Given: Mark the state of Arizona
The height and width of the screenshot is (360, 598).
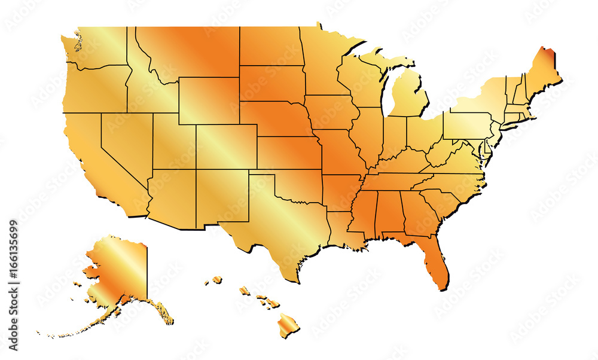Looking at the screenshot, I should (170, 197).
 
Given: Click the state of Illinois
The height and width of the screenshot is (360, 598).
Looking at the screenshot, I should (367, 138).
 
